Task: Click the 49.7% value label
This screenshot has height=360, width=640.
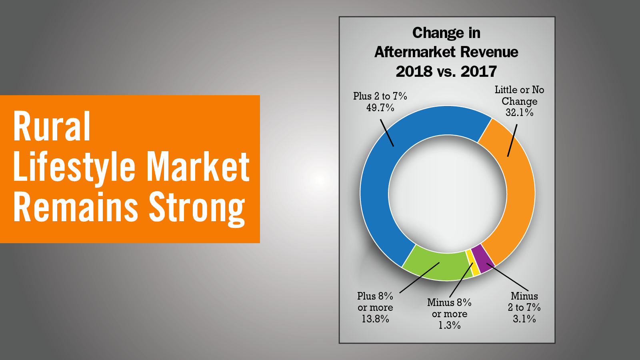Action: (x=380, y=108)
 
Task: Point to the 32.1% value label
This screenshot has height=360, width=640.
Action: (x=519, y=112)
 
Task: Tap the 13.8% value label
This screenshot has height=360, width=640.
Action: (x=375, y=319)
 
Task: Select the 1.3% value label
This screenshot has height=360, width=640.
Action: (x=450, y=325)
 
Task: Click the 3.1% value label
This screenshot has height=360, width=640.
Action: (x=524, y=318)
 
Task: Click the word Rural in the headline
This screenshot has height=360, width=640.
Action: (x=52, y=126)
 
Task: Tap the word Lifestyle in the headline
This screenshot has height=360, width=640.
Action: (x=74, y=167)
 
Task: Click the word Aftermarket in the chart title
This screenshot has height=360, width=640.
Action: (x=415, y=52)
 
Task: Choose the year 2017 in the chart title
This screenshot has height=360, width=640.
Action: (x=479, y=72)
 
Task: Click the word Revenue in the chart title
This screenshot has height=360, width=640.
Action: (x=490, y=52)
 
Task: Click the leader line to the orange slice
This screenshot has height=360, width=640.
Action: (x=512, y=140)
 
